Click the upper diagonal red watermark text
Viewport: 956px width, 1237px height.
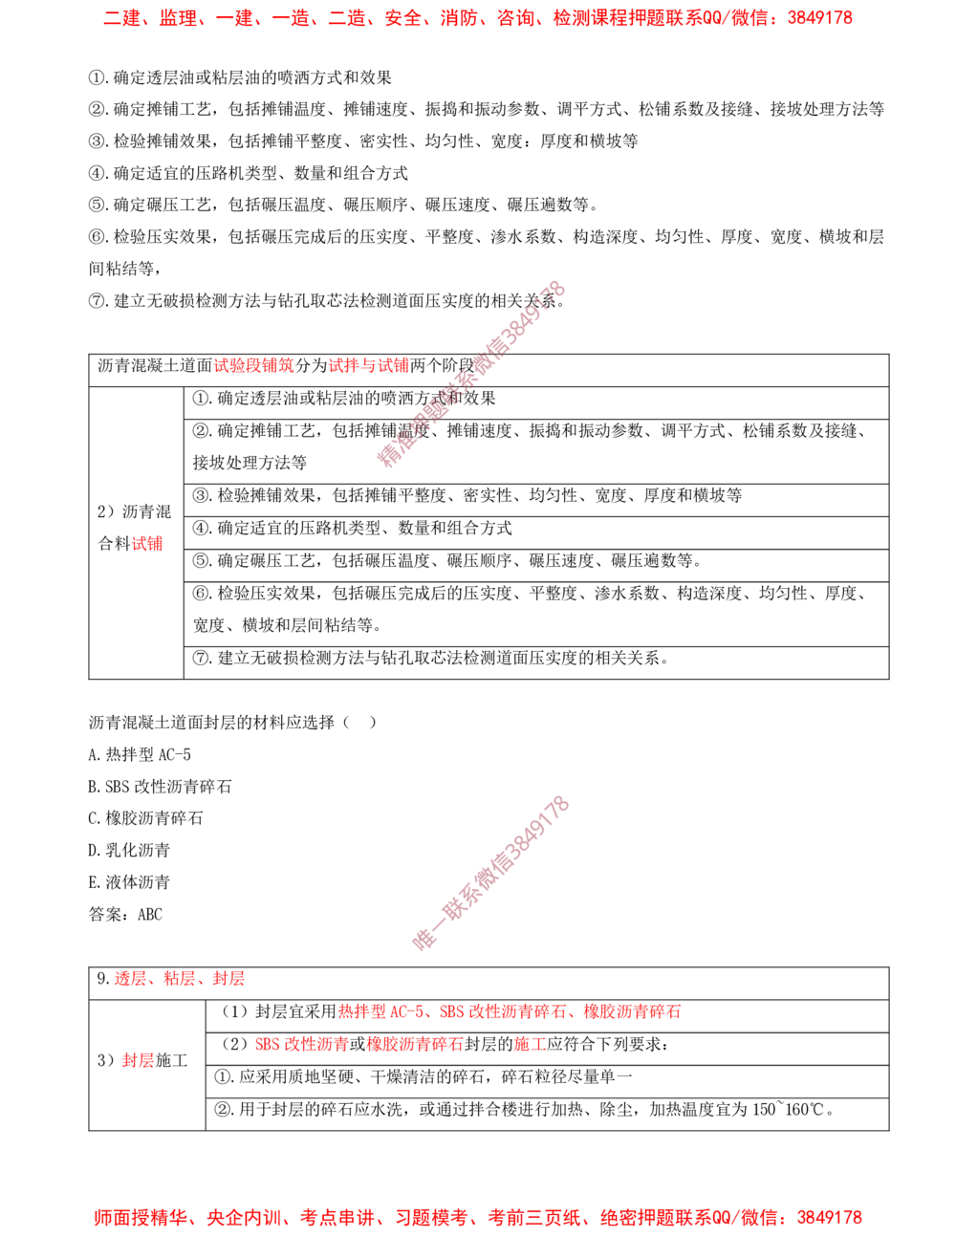(471, 374)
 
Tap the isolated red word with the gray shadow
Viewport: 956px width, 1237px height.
(148, 545)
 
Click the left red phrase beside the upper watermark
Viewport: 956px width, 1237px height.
(253, 365)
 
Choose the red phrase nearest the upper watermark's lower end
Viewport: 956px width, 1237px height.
(368, 365)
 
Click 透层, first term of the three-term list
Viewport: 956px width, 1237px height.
(128, 978)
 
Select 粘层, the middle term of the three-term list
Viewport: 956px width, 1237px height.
(178, 978)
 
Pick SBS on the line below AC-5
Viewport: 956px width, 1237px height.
(267, 1045)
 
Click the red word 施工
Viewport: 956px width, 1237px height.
(530, 1045)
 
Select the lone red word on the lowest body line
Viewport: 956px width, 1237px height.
(136, 1060)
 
